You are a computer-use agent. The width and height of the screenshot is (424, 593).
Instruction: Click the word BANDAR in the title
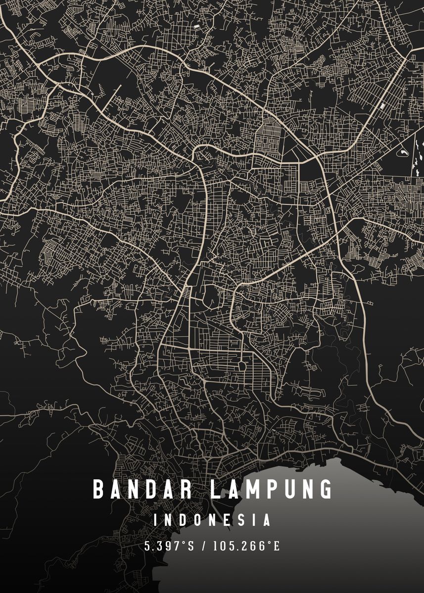tap(143, 489)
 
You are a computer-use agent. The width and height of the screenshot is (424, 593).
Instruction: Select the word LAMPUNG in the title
tap(271, 489)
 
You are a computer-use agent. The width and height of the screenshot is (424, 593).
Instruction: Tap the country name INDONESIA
tap(212, 520)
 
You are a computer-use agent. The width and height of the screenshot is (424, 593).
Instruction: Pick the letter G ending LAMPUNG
tap(326, 489)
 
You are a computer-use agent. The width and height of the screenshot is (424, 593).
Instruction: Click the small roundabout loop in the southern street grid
tap(242, 367)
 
